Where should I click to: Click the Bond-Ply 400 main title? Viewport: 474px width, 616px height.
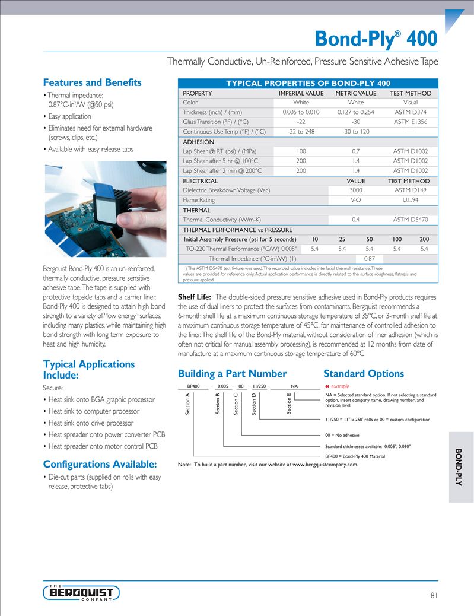coord(376,39)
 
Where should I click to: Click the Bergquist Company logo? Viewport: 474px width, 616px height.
coord(81,592)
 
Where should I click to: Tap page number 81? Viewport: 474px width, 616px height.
coord(433,596)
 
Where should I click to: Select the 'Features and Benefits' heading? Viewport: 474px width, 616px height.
coord(93,82)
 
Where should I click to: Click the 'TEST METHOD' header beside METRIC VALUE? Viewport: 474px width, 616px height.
coord(411,93)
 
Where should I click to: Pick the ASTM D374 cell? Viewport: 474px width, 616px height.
coord(411,112)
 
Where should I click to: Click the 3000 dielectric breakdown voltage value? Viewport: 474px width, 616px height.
coord(356,190)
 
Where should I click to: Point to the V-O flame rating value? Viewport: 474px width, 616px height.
coord(356,200)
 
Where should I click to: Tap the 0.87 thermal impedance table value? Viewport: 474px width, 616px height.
coord(369,259)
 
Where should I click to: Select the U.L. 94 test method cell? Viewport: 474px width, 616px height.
coord(411,200)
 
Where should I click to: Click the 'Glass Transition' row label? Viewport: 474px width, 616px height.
coord(224,122)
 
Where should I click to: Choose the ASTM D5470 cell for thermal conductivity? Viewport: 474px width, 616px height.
coord(411,220)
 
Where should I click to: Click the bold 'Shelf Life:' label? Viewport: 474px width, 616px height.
coord(195,297)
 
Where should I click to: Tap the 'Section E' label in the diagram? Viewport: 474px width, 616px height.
coord(289,404)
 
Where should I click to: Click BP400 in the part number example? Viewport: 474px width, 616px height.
coord(193,386)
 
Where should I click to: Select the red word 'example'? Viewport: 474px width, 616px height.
coord(340,386)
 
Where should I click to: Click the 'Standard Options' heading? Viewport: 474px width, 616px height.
coord(364,374)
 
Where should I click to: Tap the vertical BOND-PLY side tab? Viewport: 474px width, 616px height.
coord(459,468)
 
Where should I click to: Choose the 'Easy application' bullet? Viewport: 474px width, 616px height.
coord(69,116)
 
